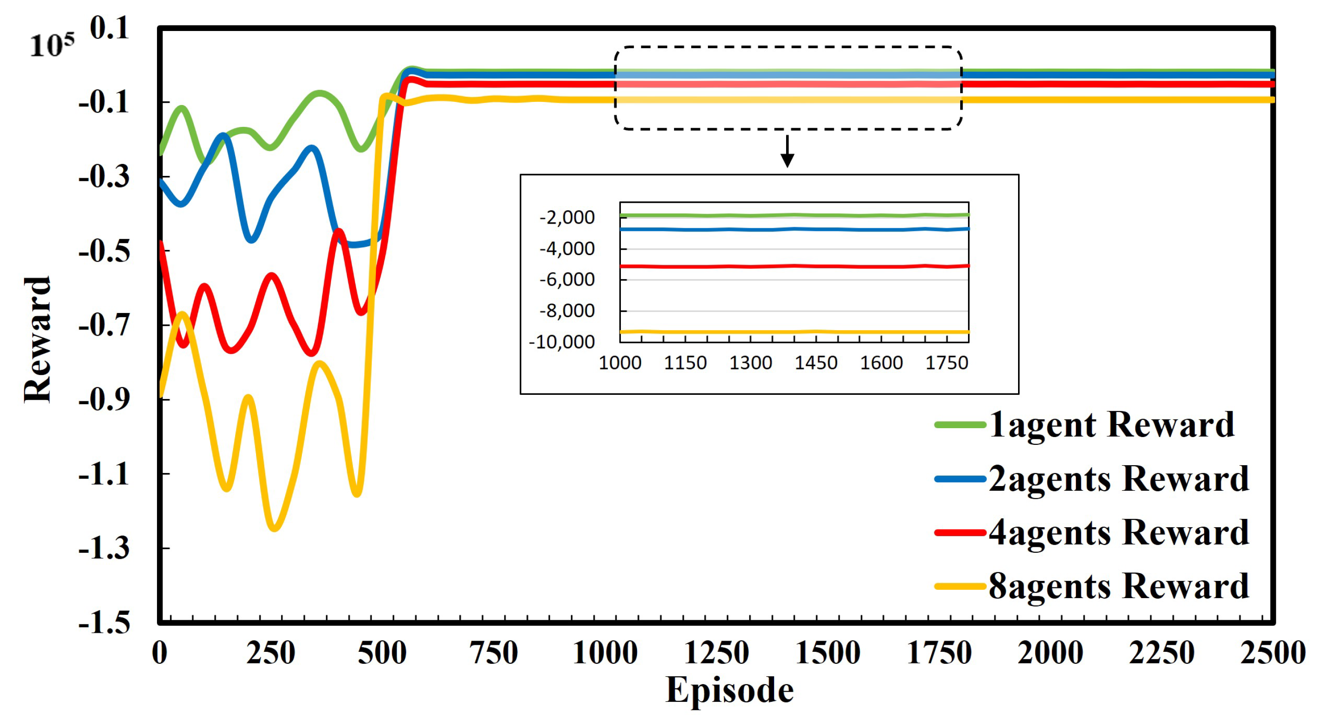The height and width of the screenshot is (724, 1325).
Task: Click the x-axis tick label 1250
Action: click(x=716, y=653)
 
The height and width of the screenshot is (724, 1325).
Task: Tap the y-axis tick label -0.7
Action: click(x=103, y=325)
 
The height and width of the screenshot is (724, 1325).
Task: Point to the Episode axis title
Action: click(x=729, y=690)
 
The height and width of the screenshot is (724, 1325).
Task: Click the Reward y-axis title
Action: click(x=37, y=340)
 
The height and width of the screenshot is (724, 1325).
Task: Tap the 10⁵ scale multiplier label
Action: click(x=51, y=45)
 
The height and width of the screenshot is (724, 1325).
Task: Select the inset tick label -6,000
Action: click(x=567, y=280)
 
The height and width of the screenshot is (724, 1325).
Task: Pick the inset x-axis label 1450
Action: click(x=816, y=363)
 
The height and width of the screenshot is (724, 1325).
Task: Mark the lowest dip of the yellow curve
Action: click(x=274, y=528)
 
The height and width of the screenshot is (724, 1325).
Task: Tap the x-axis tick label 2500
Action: click(x=1273, y=653)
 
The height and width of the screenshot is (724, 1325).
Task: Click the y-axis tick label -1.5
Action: click(x=103, y=623)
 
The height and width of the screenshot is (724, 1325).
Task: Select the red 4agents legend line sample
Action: click(x=960, y=533)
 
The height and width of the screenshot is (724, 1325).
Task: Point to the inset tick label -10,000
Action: click(x=562, y=342)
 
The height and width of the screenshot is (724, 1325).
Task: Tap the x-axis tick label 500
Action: click(x=381, y=653)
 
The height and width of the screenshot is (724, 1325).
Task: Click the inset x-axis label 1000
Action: click(x=620, y=363)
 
